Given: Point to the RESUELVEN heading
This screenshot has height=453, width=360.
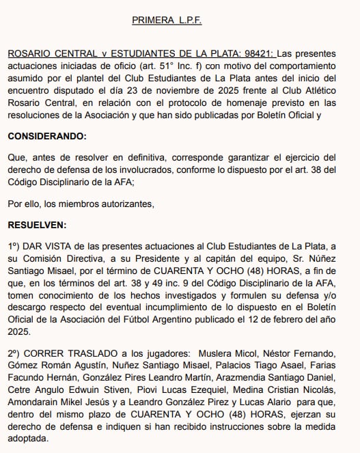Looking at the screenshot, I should click(x=38, y=224).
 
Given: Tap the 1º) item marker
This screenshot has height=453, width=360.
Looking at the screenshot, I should click(x=14, y=246).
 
